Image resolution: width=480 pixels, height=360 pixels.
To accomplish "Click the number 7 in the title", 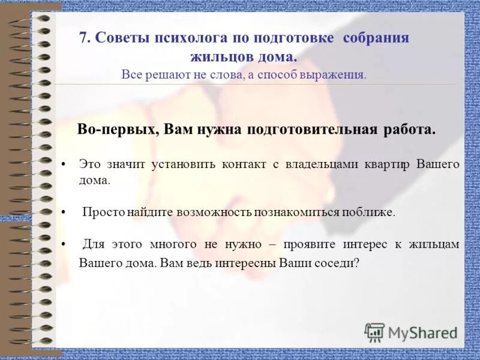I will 83,38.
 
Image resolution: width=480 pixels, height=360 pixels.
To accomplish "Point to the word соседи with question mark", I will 336,263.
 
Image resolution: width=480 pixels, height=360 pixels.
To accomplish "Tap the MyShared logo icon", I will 375,332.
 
